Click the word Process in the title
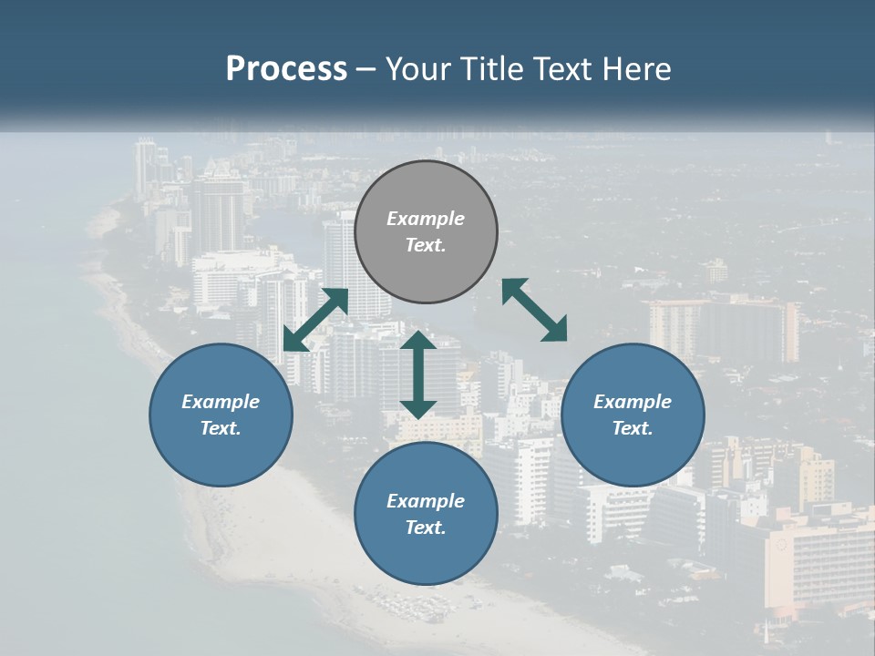(x=286, y=69)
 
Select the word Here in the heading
(x=637, y=69)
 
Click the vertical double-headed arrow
(x=418, y=374)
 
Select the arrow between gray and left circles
(x=315, y=320)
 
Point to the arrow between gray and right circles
(x=534, y=310)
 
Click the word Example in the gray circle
(x=426, y=219)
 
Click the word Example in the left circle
(x=221, y=402)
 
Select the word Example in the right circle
(x=633, y=402)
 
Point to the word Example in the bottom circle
(x=426, y=501)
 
